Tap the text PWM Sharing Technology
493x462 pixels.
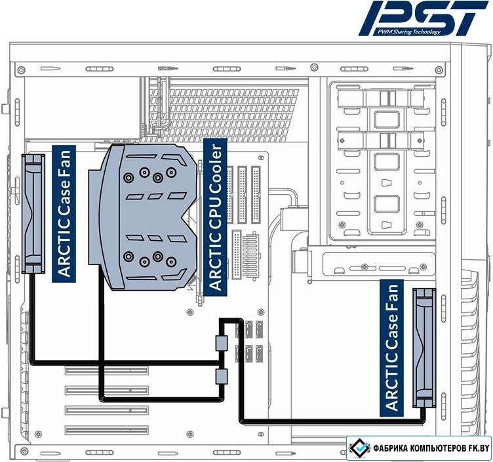coord(409,31)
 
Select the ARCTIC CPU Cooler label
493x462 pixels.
coord(216,217)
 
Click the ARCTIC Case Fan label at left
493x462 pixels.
coord(64,214)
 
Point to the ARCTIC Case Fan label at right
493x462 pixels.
coord(392,348)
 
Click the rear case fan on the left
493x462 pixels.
coord(33,214)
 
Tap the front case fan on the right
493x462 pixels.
coord(424,348)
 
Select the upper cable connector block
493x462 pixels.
coord(222,343)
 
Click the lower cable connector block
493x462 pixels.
coord(222,377)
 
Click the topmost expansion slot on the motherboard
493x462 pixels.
coord(107,370)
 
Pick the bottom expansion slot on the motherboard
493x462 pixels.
coord(107,430)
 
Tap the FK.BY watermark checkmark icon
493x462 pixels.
coord(360,448)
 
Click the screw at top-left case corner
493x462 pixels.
coord(21,70)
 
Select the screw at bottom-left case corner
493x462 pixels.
coord(24,451)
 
